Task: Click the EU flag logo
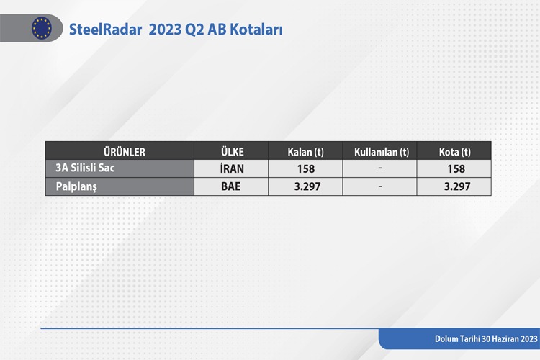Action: (42, 28)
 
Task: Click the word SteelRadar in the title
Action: (105, 30)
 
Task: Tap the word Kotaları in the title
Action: (256, 30)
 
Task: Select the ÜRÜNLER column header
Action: (125, 152)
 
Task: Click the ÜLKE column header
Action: (232, 152)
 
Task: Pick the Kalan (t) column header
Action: (306, 152)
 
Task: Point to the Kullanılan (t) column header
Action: (382, 152)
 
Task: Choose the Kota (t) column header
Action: (454, 152)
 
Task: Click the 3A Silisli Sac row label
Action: (85, 168)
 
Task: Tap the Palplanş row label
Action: (76, 186)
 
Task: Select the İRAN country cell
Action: (232, 168)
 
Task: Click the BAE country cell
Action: (230, 186)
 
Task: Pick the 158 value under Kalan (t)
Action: (306, 168)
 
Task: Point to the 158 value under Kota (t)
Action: (456, 168)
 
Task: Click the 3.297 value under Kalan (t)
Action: (307, 186)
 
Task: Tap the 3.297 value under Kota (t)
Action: (457, 186)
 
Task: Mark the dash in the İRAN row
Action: (380, 168)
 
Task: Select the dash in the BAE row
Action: (380, 186)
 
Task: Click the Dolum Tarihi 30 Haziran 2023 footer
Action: (486, 339)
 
